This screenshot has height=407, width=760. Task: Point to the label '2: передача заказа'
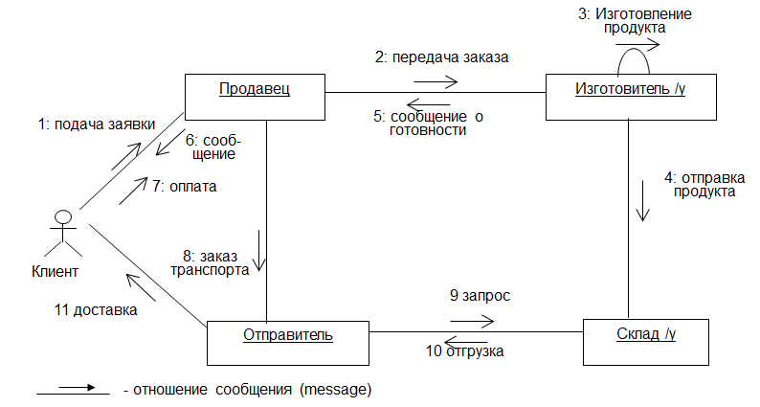[440, 57]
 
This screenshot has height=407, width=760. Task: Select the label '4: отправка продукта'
[702, 184]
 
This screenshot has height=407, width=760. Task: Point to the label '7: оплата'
[184, 187]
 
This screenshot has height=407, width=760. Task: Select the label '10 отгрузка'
[464, 351]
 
